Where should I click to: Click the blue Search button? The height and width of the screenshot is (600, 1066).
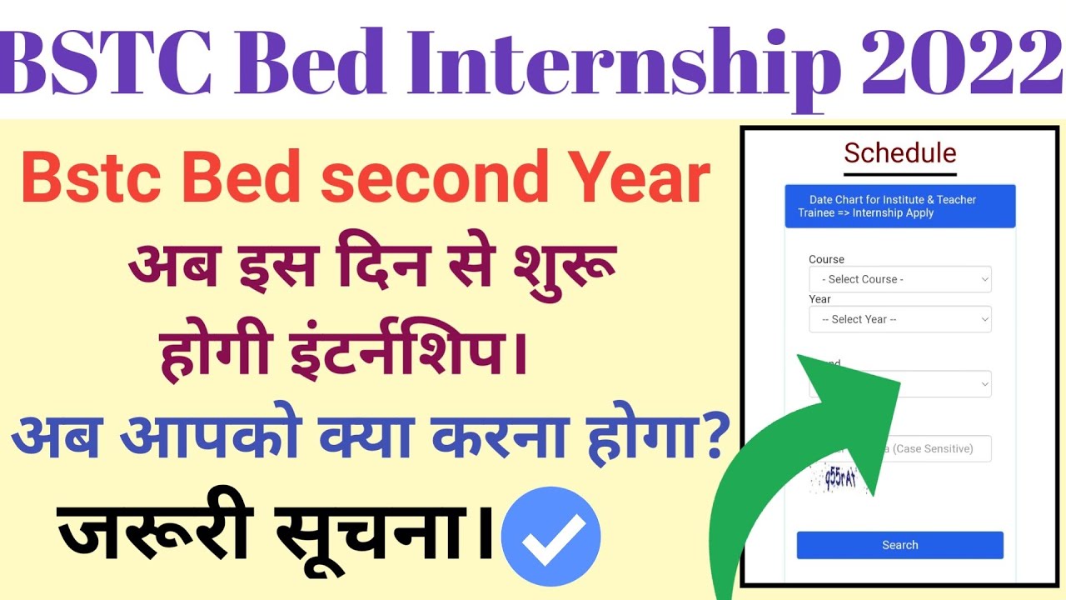pos(899,545)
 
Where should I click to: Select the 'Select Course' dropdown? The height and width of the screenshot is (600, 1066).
pos(899,279)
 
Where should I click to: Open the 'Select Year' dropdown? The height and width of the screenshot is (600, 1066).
pos(899,319)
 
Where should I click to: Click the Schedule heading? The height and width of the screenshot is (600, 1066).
pos(899,153)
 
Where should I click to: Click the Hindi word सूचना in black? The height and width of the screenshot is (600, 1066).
pos(384,533)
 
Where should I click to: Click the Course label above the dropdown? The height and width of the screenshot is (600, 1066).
pos(826,259)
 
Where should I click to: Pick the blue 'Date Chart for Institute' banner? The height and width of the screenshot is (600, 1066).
pos(899,207)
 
